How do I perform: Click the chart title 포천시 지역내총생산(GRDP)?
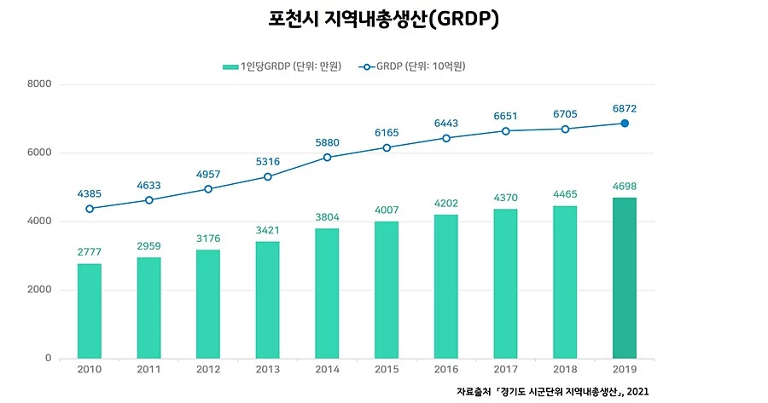click(x=384, y=20)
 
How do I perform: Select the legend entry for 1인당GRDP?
click(x=282, y=66)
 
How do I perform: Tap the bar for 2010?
click(x=90, y=311)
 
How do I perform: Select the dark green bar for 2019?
click(x=625, y=278)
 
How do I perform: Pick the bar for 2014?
click(x=328, y=293)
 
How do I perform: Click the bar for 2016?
click(x=446, y=286)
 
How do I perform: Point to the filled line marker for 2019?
click(x=625, y=124)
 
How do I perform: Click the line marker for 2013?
click(x=268, y=176)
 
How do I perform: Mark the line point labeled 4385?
click(x=90, y=209)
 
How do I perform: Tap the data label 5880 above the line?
click(x=328, y=142)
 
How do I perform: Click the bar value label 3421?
click(x=268, y=230)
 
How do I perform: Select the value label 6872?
click(x=625, y=108)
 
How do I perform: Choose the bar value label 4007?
click(x=387, y=210)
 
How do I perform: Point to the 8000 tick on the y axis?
click(x=41, y=84)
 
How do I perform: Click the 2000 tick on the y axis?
click(x=41, y=291)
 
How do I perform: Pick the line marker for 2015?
click(x=387, y=147)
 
